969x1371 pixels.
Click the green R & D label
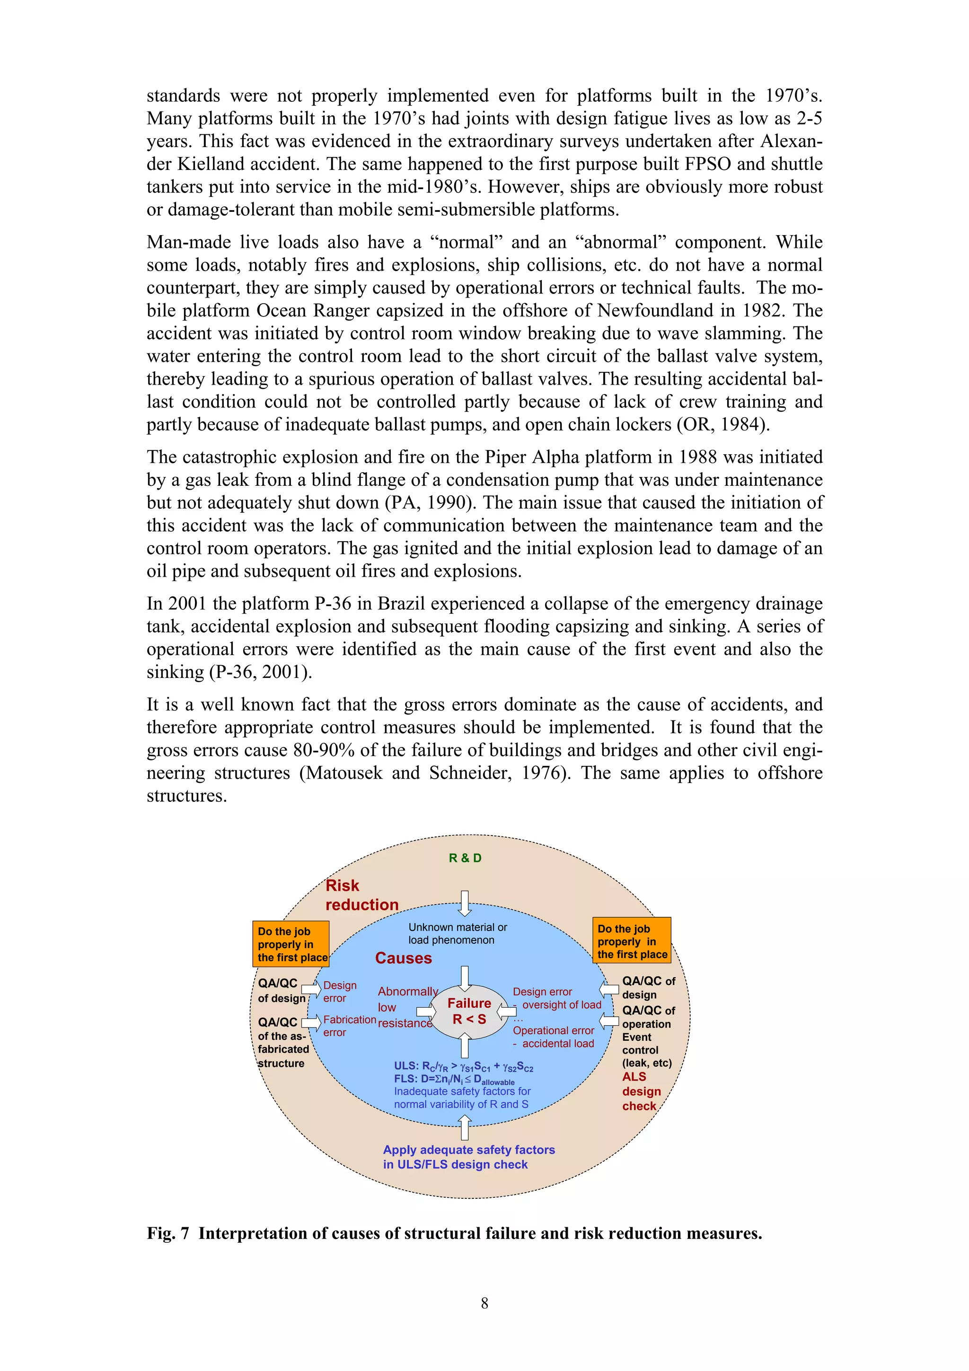[465, 858]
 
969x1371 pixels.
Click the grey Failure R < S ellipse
[469, 1011]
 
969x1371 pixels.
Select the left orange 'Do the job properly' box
[291, 944]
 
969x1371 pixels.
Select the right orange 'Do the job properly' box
[631, 941]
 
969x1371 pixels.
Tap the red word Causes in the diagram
[403, 958]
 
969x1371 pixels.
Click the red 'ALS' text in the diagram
[634, 1077]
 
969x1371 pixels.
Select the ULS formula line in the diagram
[463, 1066]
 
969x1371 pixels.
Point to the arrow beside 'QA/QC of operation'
[609, 1020]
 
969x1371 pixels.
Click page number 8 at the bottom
[484, 1303]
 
